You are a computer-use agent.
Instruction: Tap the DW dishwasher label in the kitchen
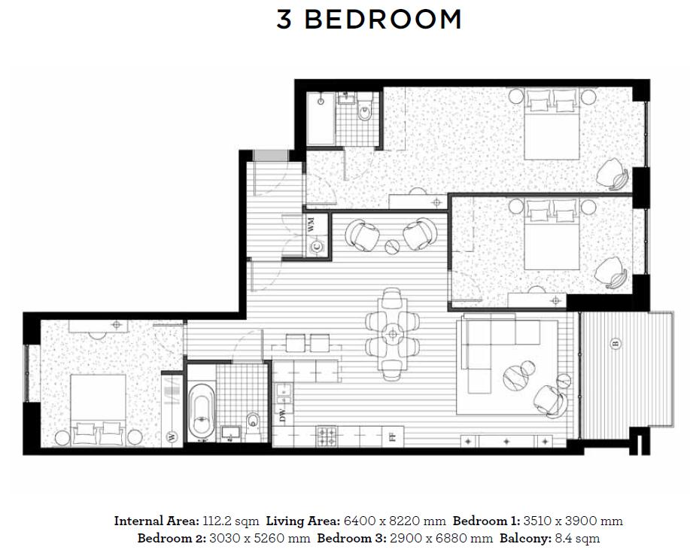pyautogui.click(x=282, y=415)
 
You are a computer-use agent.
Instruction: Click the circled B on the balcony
pyautogui.click(x=616, y=343)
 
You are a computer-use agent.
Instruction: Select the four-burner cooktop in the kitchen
pyautogui.click(x=326, y=436)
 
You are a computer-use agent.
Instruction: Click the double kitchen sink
pyautogui.click(x=283, y=394)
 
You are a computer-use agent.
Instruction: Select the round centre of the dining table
pyautogui.click(x=391, y=334)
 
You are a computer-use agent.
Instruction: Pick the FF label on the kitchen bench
pyautogui.click(x=393, y=438)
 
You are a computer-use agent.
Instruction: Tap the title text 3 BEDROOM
pyautogui.click(x=369, y=20)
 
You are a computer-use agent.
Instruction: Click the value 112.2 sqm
pyautogui.click(x=230, y=521)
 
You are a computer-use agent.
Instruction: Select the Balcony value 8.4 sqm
pyautogui.click(x=576, y=539)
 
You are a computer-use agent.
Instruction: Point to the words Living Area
pyautogui.click(x=302, y=521)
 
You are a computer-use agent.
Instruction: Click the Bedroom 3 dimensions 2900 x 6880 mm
pyautogui.click(x=441, y=539)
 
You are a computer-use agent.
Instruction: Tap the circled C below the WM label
pyautogui.click(x=316, y=248)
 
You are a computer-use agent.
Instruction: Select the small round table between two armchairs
pyautogui.click(x=391, y=246)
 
